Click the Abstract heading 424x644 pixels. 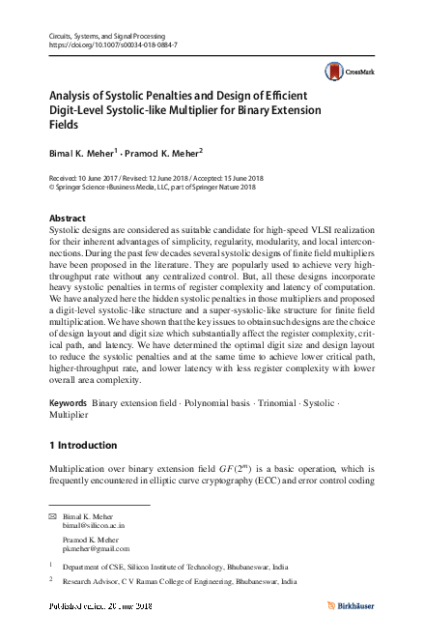[x=67, y=220]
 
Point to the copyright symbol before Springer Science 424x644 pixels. [x=51, y=190]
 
